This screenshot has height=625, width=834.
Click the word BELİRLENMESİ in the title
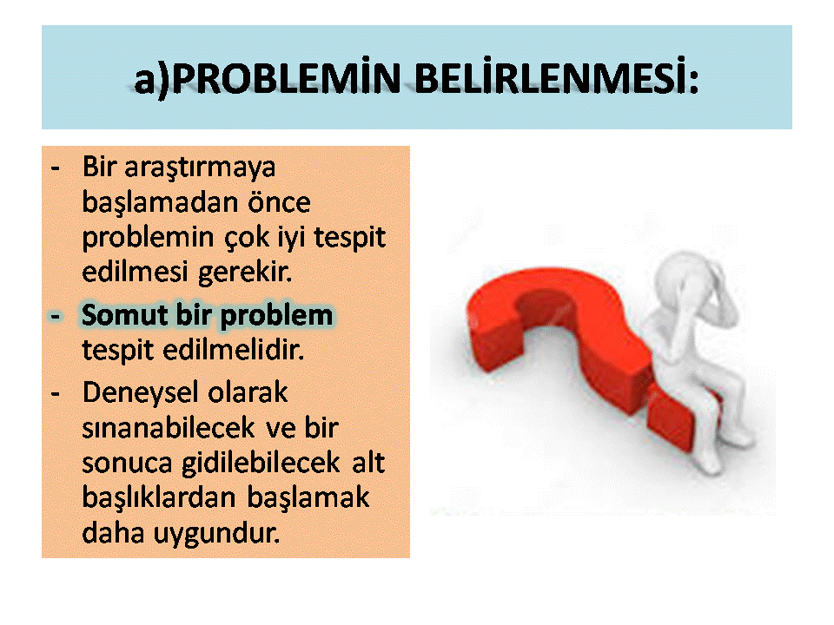(x=556, y=79)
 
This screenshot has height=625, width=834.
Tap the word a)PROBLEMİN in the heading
(x=267, y=80)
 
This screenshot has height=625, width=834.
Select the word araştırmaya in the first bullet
(x=200, y=168)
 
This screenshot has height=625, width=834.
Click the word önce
(x=279, y=202)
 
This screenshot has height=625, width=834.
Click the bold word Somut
(x=124, y=314)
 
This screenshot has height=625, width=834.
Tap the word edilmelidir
(x=233, y=350)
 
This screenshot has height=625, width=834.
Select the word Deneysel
(x=140, y=393)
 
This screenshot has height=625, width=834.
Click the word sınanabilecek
(x=169, y=428)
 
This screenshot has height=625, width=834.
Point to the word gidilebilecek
(x=261, y=464)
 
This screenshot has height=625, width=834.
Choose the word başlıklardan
(x=158, y=498)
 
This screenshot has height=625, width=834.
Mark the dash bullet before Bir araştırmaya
(x=56, y=169)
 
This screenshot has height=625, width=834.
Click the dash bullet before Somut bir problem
(x=56, y=317)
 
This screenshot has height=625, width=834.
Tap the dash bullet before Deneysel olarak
(x=56, y=394)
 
